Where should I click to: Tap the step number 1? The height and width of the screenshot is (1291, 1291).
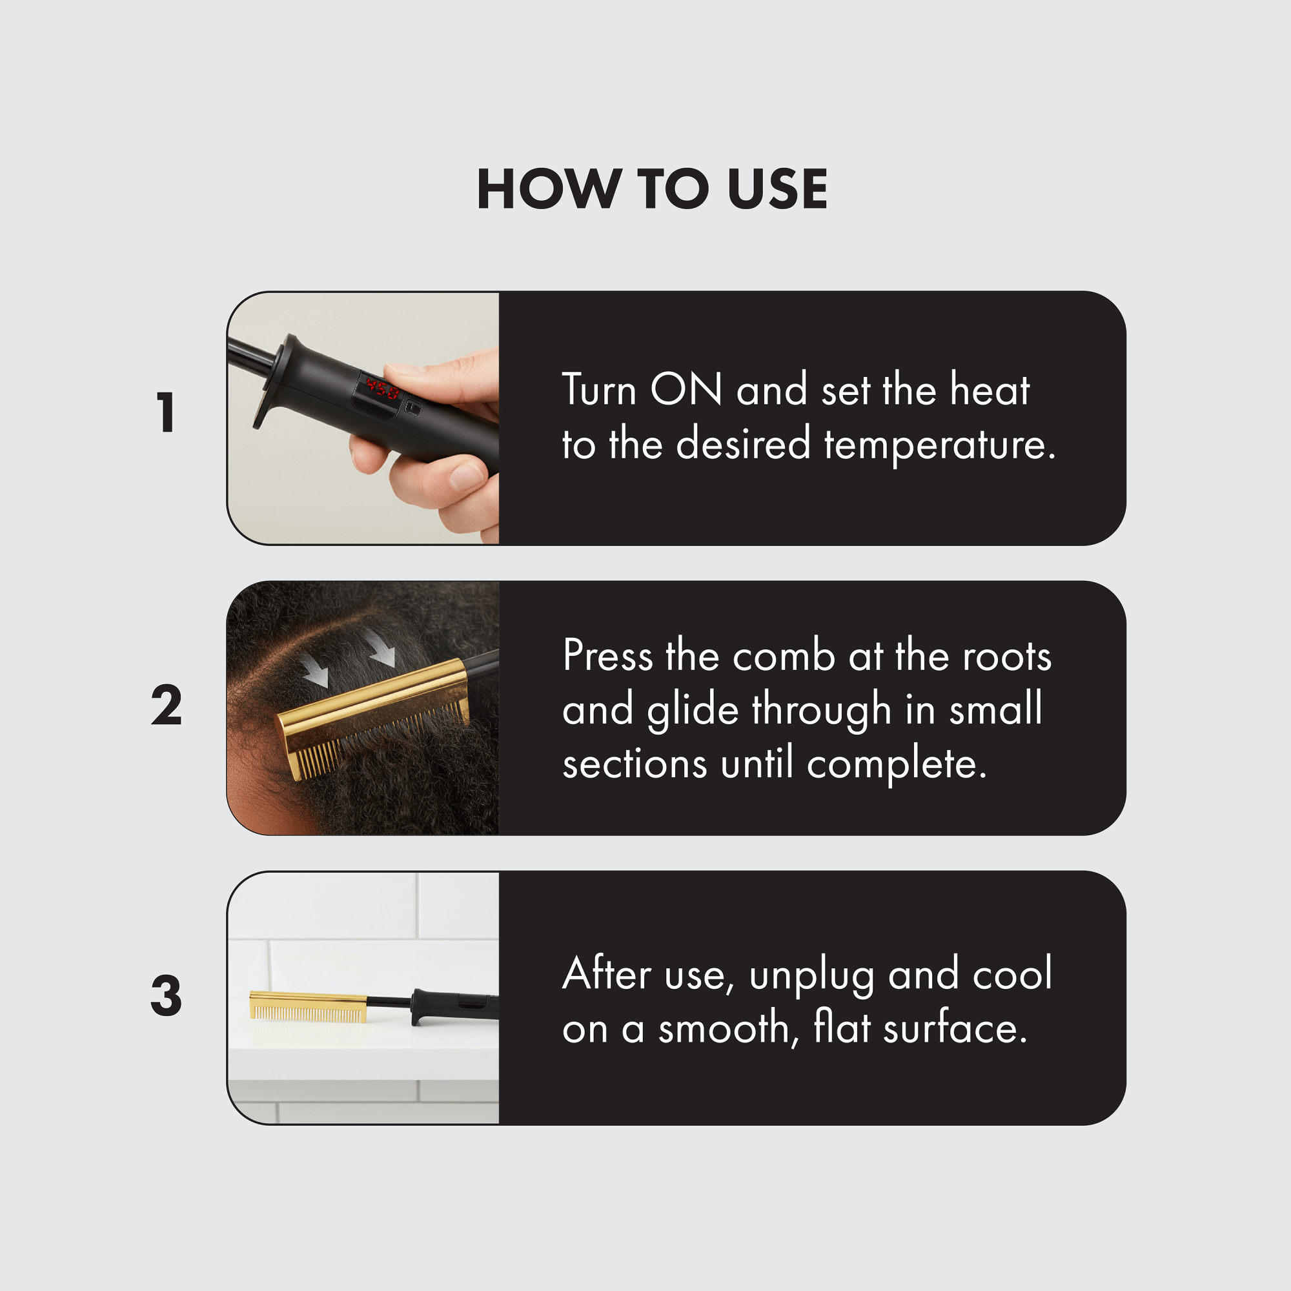coord(166,412)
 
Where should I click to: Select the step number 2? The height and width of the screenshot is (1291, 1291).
coord(167,705)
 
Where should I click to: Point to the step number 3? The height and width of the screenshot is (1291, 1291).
coord(167,995)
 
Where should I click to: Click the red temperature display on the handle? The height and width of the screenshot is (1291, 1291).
coord(381,388)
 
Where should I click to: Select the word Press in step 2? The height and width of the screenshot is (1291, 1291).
coord(607,656)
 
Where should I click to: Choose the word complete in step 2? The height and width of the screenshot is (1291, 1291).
coord(897,764)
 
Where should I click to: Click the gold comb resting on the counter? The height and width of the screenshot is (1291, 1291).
coord(308,1006)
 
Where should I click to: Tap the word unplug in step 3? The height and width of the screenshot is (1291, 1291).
coord(811,976)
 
